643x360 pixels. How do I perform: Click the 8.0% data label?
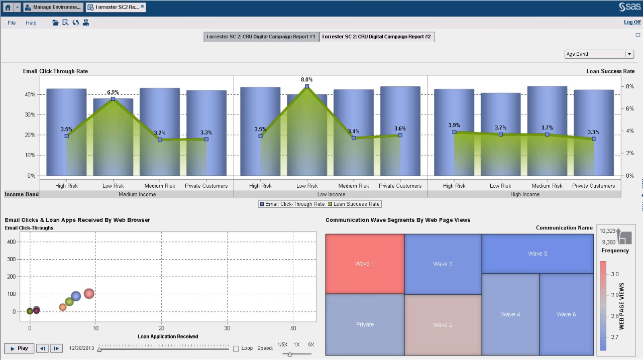(x=306, y=79)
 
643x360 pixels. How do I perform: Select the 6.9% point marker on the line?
(x=113, y=99)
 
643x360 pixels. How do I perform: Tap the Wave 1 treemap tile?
(x=365, y=264)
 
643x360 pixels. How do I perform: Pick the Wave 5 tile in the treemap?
(x=538, y=254)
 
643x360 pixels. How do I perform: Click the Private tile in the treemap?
(x=365, y=324)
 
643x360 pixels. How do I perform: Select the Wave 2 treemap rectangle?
(x=443, y=325)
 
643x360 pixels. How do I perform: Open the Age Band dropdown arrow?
(x=629, y=54)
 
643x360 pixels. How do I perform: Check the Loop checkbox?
(x=236, y=348)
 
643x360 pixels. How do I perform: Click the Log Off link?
(x=632, y=23)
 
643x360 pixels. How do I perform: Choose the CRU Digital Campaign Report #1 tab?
(x=261, y=37)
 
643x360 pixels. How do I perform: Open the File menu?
(x=12, y=23)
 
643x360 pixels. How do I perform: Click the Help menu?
(x=31, y=23)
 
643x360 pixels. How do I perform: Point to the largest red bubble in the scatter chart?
(x=89, y=293)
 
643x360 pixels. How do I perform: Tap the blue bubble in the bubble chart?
(x=76, y=296)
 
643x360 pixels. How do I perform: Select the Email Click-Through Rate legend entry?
(x=292, y=204)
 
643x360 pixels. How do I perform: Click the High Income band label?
(x=524, y=194)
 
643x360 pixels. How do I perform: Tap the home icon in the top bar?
(x=8, y=8)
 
